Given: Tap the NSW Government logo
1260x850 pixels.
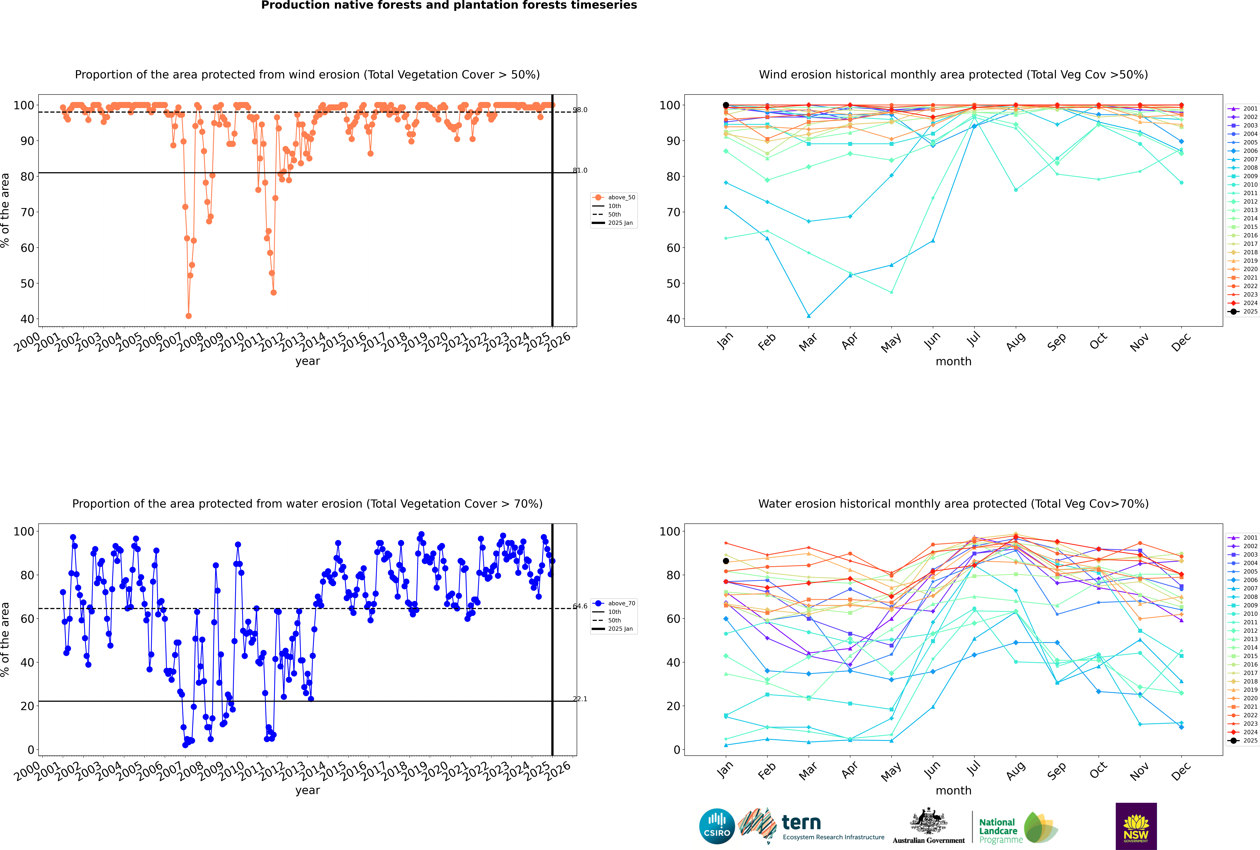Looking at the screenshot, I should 1136,826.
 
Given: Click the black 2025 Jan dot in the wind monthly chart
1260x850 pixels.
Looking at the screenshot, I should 726,105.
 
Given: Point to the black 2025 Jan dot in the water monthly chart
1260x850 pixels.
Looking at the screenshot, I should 726,561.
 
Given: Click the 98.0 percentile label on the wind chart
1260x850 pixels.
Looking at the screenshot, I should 580,110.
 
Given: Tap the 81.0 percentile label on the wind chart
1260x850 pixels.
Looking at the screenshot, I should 580,170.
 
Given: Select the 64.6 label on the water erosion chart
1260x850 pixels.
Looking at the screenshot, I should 580,606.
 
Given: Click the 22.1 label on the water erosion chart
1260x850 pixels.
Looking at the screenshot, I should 580,699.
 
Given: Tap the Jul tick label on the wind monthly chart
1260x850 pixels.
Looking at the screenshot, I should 973,340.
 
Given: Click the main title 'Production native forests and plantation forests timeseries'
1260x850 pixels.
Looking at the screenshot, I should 449,5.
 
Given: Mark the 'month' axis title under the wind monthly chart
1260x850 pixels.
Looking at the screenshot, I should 953,362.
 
